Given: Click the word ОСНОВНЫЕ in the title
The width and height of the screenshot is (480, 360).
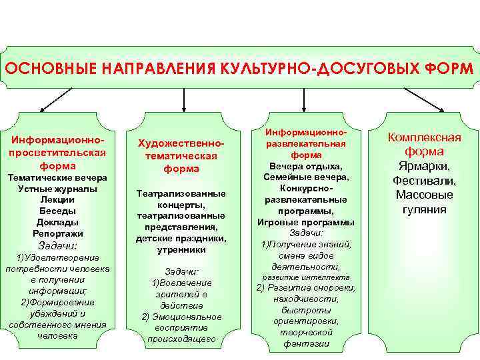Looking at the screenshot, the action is (x=45, y=69).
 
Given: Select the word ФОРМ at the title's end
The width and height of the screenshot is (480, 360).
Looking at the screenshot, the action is (x=447, y=69).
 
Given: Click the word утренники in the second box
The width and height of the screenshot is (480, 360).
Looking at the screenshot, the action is (x=181, y=250).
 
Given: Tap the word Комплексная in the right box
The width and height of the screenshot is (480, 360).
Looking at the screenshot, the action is (x=425, y=137).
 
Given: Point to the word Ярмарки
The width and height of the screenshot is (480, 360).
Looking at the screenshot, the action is (x=425, y=166).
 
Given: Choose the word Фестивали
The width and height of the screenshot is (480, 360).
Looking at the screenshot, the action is (x=425, y=181).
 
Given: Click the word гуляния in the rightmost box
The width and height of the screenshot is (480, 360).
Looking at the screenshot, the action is (x=425, y=210).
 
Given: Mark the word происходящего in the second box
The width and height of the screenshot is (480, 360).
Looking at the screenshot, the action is (x=182, y=339).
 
